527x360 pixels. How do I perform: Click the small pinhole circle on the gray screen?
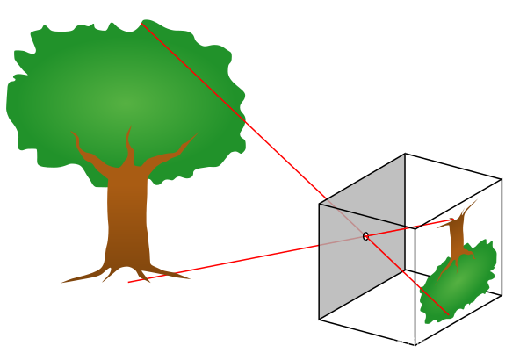365,236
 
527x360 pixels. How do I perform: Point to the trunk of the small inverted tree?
456,237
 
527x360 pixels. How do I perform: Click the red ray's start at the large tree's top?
141,23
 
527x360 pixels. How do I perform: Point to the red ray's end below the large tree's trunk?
128,282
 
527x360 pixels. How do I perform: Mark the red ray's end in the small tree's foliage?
449,315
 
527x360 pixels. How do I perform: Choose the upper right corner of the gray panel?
404,156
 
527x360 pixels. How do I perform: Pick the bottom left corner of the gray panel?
320,317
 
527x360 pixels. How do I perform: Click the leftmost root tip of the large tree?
61,283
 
